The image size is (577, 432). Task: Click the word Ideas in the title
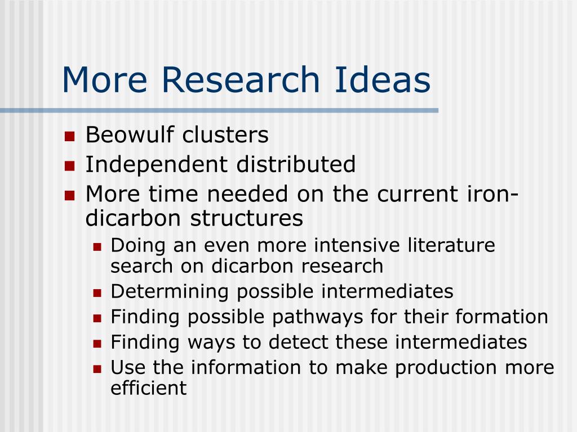click(383, 79)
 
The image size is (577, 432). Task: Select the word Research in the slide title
click(241, 79)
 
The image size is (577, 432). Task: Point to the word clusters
click(225, 134)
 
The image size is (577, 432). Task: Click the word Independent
click(157, 165)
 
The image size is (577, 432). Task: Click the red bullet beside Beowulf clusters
click(69, 136)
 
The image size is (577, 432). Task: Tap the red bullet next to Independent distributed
click(69, 166)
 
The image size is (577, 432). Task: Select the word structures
click(247, 218)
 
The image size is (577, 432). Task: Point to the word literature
click(451, 245)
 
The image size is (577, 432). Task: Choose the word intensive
click(357, 245)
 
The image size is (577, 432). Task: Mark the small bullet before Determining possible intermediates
click(97, 293)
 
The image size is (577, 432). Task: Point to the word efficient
click(149, 388)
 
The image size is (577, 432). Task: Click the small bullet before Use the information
click(97, 369)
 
